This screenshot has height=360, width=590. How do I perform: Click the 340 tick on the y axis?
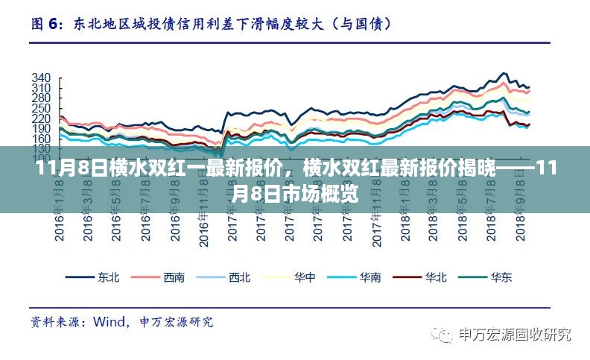42,78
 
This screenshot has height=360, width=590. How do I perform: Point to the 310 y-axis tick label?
42,89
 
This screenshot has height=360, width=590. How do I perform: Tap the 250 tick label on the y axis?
42,109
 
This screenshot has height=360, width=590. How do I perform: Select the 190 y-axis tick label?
42,129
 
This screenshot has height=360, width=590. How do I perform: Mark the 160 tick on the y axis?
42,139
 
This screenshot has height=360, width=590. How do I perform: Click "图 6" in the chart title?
45,24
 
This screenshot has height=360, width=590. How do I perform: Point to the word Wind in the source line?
108,322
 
